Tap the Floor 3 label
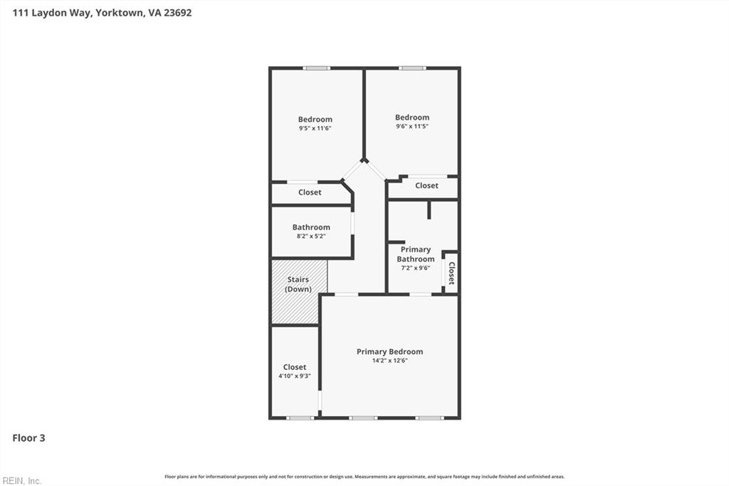(x=28, y=438)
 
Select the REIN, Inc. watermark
(x=21, y=480)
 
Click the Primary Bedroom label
(x=389, y=351)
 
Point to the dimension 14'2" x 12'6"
(x=389, y=361)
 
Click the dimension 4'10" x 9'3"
(x=295, y=376)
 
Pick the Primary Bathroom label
(x=416, y=254)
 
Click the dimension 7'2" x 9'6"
(x=416, y=268)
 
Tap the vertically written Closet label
(x=451, y=273)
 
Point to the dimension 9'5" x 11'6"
(x=315, y=128)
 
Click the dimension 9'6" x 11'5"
(x=412, y=126)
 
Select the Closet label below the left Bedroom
(x=310, y=192)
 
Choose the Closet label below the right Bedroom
(x=426, y=185)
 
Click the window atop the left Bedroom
(x=316, y=68)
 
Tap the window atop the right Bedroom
(x=412, y=68)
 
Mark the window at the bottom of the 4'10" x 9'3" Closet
(x=300, y=418)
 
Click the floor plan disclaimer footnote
(x=364, y=477)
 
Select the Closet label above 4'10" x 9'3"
(x=295, y=367)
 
